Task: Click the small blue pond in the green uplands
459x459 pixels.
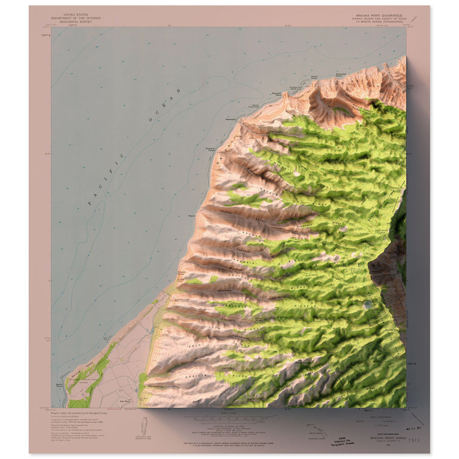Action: pyautogui.click(x=367, y=304)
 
